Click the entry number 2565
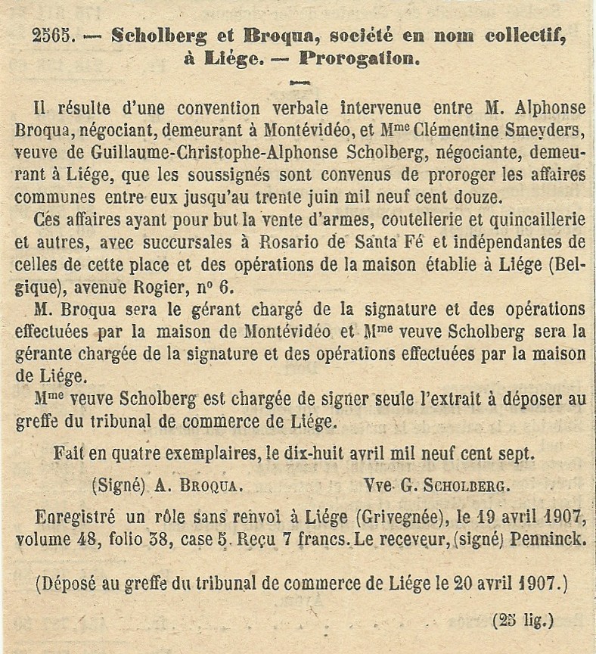pyautogui.click(x=54, y=36)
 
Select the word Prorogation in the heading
pyautogui.click(x=359, y=58)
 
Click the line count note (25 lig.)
pyautogui.click(x=523, y=621)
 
